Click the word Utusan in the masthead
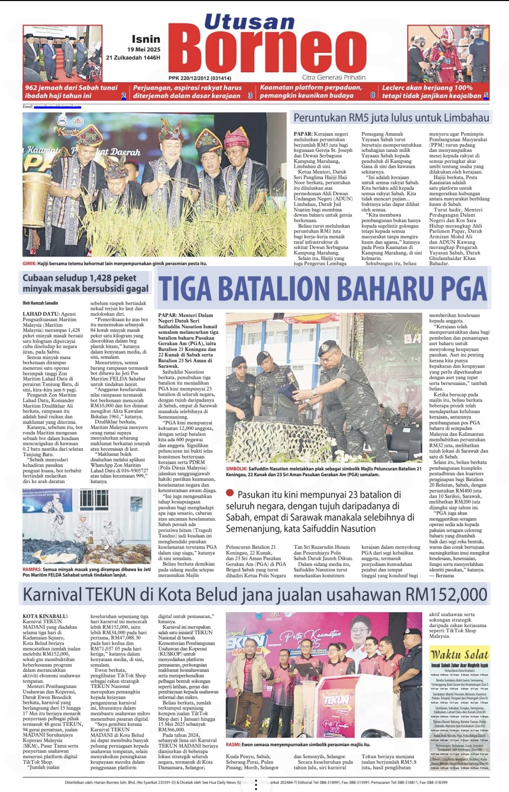pyautogui.click(x=249, y=22)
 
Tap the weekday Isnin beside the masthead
pyautogui.click(x=146, y=39)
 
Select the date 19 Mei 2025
pyautogui.click(x=144, y=49)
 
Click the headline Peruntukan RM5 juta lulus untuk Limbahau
pyautogui.click(x=391, y=118)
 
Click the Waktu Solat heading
pyautogui.click(x=459, y=655)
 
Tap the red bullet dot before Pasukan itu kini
pyautogui.click(x=230, y=493)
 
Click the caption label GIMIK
pyautogui.click(x=29, y=263)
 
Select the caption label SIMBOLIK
pyautogui.click(x=236, y=469)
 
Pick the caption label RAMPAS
pyautogui.click(x=32, y=569)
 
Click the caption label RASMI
pyautogui.click(x=233, y=745)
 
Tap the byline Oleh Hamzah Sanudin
pyautogui.click(x=40, y=303)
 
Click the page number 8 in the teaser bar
pyautogui.click(x=372, y=95)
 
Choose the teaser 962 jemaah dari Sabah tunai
pyautogui.click(x=71, y=88)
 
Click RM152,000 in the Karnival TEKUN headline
pyautogui.click(x=446, y=594)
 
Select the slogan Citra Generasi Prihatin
pyautogui.click(x=334, y=78)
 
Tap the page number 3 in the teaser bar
pyautogui.click(x=250, y=96)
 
